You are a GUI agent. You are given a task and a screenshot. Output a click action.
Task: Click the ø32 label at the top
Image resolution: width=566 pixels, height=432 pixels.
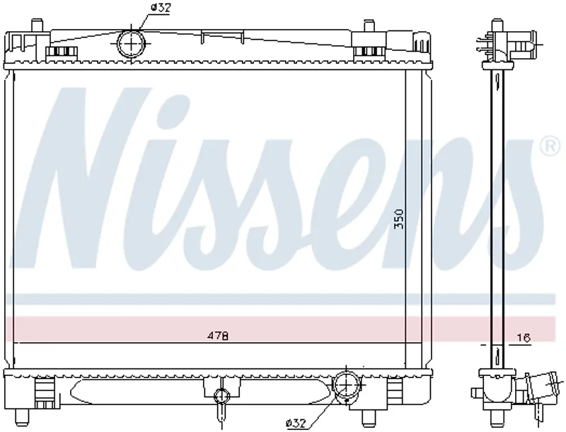click(x=161, y=8)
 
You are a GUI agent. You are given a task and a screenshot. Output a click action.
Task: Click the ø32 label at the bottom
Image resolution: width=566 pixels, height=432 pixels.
click(x=296, y=422)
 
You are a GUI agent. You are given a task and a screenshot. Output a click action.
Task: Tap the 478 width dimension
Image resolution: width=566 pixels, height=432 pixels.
click(x=218, y=336)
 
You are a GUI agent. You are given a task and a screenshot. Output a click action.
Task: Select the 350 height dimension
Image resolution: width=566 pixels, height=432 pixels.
click(x=399, y=219)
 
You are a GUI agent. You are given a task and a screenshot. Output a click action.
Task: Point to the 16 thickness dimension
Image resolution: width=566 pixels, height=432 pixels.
click(x=524, y=338)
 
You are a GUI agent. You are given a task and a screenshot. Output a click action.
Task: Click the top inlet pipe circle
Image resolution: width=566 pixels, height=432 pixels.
click(x=131, y=44)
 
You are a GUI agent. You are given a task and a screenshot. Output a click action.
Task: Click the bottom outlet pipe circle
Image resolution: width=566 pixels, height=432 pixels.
click(x=346, y=384)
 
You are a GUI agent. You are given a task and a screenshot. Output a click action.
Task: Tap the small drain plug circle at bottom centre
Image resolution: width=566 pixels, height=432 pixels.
click(x=221, y=396)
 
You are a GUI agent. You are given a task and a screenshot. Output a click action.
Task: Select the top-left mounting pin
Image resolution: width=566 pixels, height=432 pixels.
click(x=36, y=25)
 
